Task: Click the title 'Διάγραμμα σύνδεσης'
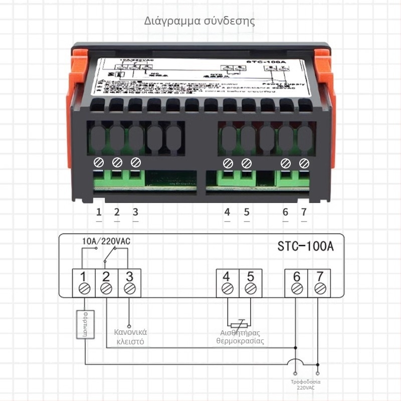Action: (199, 21)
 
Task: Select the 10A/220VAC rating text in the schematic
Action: (106, 241)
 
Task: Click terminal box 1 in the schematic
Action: (83, 283)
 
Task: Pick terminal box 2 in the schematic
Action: (106, 283)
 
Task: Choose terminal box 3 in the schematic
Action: (129, 283)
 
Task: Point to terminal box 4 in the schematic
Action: (227, 283)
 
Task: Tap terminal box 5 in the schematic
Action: (250, 283)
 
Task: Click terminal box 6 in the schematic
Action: (296, 283)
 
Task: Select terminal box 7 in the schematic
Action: (319, 283)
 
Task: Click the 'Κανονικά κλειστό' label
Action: (130, 337)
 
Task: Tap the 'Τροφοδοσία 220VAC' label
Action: (306, 385)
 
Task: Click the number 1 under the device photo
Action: (99, 212)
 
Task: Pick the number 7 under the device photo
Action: (304, 212)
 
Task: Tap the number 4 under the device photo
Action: (227, 212)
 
